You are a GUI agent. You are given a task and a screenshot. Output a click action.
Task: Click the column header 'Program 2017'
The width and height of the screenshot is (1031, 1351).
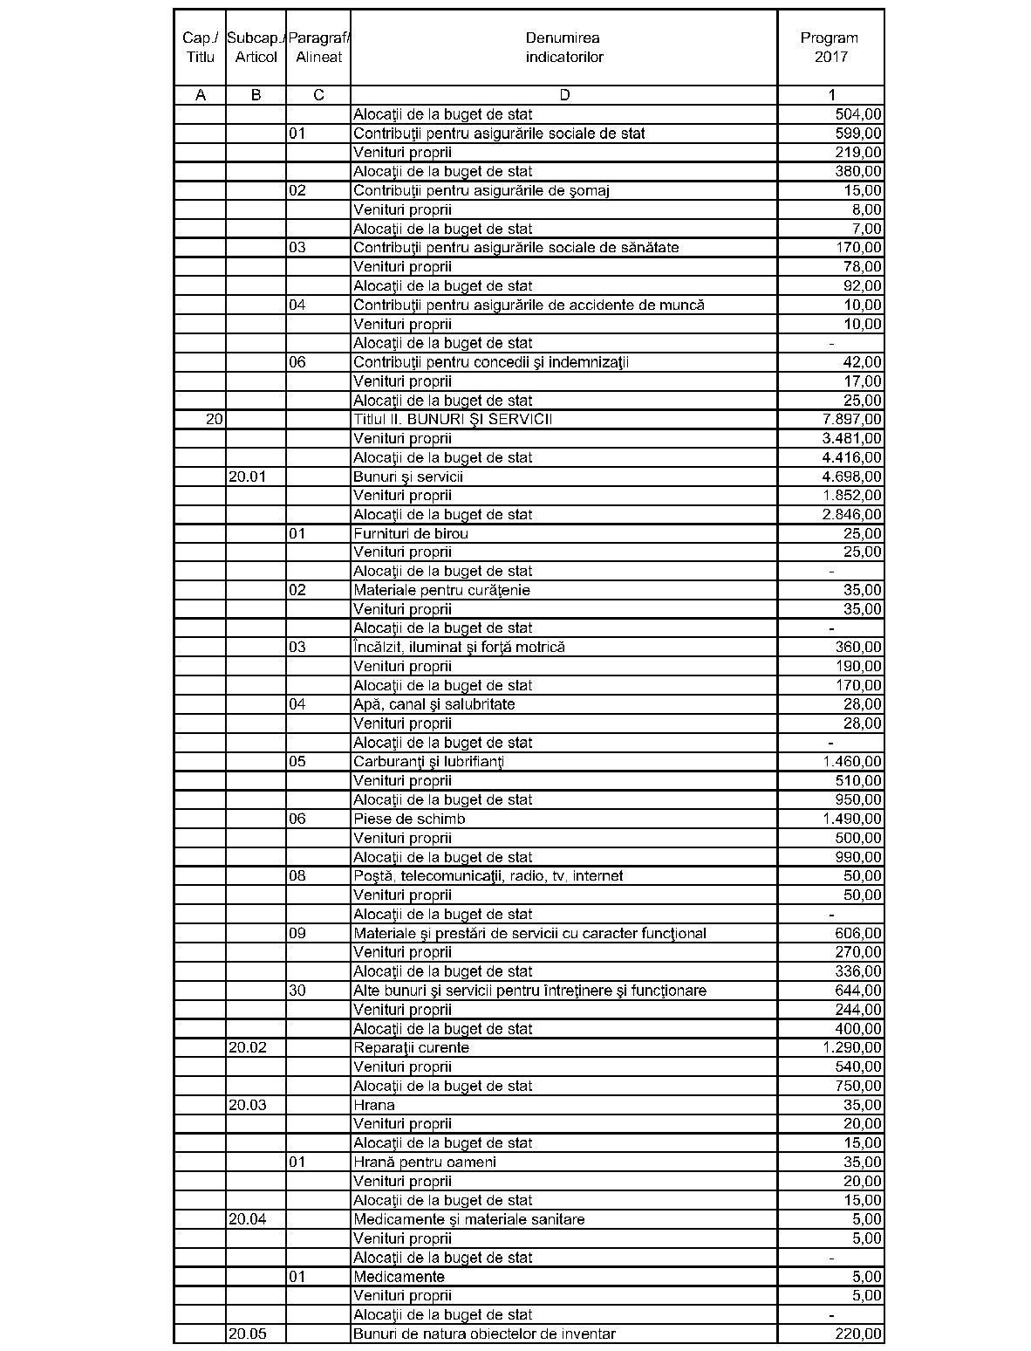tap(830, 47)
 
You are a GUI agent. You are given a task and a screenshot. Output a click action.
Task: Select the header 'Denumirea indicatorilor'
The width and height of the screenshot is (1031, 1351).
tap(563, 47)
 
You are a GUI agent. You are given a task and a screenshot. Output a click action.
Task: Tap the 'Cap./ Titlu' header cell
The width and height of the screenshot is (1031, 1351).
tap(200, 47)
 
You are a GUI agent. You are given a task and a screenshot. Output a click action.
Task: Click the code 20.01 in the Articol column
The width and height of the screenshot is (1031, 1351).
tap(247, 477)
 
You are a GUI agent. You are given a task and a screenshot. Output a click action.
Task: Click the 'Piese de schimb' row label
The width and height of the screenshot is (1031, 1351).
tap(409, 819)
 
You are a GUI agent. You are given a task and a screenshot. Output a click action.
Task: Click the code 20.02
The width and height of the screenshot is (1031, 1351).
tap(247, 1047)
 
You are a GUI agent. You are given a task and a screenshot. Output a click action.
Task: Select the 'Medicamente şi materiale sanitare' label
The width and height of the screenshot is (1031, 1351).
tap(468, 1219)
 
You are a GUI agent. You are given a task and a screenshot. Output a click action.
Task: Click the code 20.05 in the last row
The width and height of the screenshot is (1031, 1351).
tap(247, 1334)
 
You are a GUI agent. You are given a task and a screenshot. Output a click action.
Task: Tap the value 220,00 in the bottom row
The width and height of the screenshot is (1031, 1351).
tap(858, 1334)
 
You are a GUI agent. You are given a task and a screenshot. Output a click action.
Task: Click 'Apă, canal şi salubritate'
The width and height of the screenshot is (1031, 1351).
tap(434, 704)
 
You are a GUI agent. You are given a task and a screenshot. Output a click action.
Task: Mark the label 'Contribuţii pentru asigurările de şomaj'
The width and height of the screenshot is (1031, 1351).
tap(481, 190)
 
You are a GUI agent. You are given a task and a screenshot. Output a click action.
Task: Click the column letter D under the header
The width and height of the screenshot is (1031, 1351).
tap(563, 95)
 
